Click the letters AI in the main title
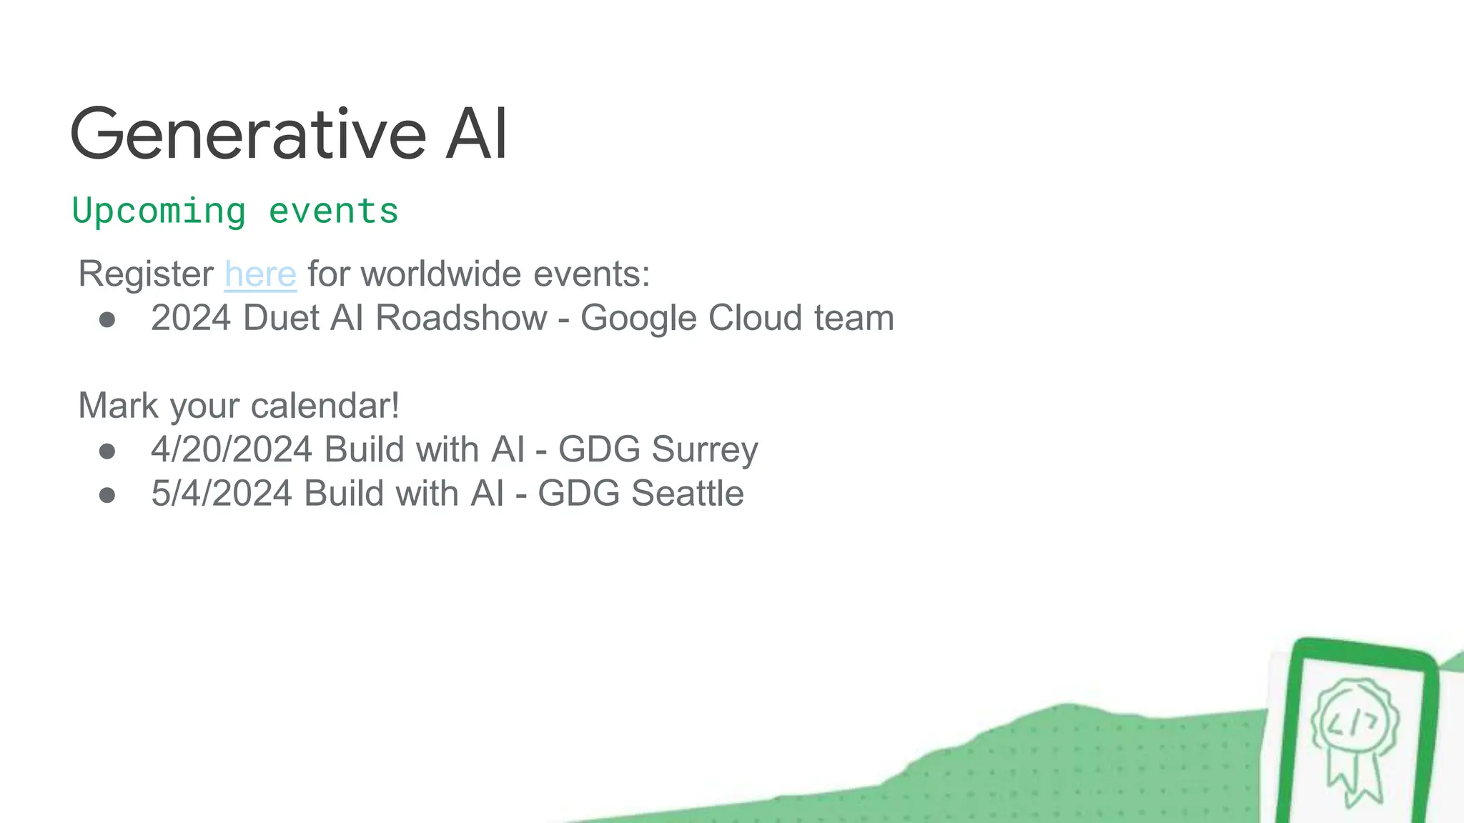click(476, 134)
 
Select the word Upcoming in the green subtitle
click(159, 211)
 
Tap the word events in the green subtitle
click(333, 211)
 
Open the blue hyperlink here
click(260, 274)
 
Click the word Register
click(146, 274)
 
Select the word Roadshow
click(461, 318)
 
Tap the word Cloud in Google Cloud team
click(755, 318)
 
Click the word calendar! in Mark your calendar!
click(325, 406)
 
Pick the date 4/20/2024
click(232, 450)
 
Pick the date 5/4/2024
click(222, 494)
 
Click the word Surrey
click(704, 450)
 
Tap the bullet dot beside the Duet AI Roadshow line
click(107, 319)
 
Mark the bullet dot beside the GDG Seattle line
click(107, 495)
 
